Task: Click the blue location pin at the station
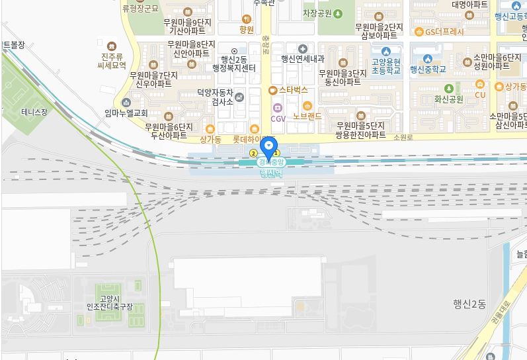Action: [x=268, y=146]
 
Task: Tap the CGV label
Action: [x=278, y=118]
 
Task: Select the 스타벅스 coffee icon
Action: [x=272, y=89]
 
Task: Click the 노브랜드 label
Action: [x=307, y=115]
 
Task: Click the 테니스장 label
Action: [x=34, y=112]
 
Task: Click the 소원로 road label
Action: [x=403, y=137]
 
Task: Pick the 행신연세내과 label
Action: [x=302, y=58]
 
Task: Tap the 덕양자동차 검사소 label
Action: [x=216, y=98]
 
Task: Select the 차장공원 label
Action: [x=317, y=13]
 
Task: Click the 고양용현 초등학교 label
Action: [x=386, y=64]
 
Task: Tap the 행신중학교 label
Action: [x=428, y=69]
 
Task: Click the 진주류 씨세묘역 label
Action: [x=110, y=61]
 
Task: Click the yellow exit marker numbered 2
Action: [x=253, y=154]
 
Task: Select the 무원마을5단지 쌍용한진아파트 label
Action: [x=360, y=129]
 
